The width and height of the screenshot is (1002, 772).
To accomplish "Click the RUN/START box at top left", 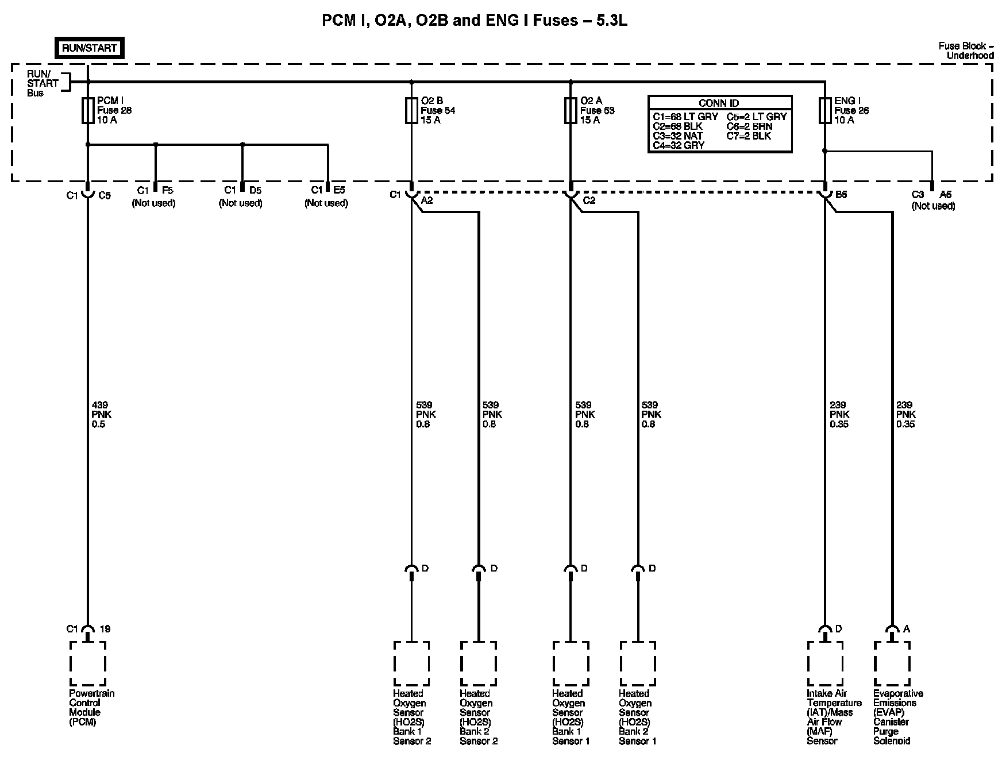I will (90, 48).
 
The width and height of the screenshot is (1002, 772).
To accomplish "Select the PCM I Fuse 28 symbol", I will (88, 110).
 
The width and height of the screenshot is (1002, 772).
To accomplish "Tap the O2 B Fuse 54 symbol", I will (411, 110).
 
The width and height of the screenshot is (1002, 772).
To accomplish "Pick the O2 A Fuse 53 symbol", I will (570, 110).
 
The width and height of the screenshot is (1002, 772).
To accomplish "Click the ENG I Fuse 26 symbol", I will (825, 110).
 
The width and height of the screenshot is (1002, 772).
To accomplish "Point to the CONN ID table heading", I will (719, 103).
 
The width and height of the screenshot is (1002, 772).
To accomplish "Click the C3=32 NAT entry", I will (678, 136).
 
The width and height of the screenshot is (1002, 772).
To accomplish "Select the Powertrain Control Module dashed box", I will (88, 663).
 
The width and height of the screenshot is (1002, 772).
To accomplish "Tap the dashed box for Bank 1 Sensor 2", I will (411, 663).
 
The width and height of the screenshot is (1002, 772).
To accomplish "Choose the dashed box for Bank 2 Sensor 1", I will (637, 663).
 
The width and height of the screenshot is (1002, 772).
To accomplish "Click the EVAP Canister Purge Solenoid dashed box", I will (892, 663).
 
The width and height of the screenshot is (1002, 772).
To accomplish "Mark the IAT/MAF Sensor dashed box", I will (825, 663).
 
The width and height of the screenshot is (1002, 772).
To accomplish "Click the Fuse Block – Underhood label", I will (966, 51).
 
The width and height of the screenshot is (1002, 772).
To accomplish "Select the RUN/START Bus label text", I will (42, 83).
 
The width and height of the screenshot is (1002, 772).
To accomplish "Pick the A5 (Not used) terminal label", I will (933, 200).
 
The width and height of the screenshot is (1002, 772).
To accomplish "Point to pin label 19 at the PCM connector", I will (105, 629).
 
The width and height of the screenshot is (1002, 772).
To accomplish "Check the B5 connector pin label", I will (841, 195).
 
